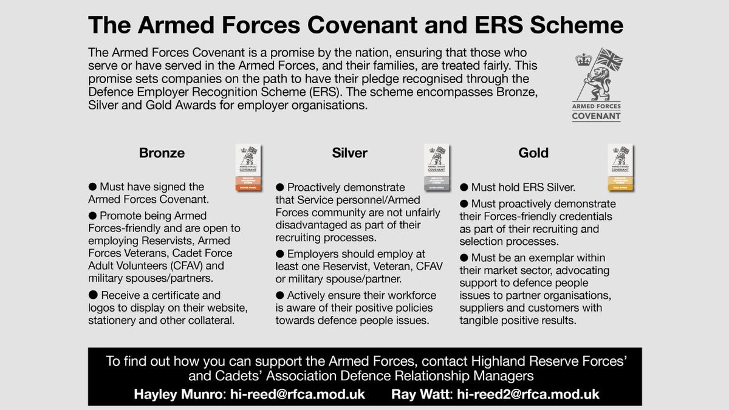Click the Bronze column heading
point(162,153)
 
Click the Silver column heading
point(350,153)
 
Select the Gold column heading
point(533,153)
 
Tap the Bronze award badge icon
point(248,168)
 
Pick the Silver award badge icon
point(436,168)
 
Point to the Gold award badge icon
point(620,168)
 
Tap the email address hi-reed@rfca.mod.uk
point(298,394)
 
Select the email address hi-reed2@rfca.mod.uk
point(528,394)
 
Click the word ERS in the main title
point(508,26)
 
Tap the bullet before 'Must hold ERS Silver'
point(465,187)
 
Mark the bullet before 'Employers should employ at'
point(280,254)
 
